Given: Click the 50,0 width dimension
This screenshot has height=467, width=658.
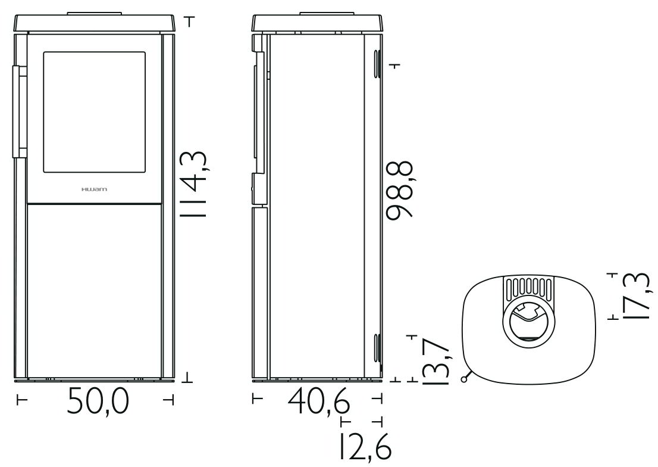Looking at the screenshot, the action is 98,400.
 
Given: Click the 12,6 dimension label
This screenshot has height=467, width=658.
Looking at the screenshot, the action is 364,446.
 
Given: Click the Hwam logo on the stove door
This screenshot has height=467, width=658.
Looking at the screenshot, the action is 94,189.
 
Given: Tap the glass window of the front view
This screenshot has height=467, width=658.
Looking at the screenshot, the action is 95,112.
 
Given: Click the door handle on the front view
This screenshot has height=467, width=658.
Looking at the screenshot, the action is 19,111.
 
